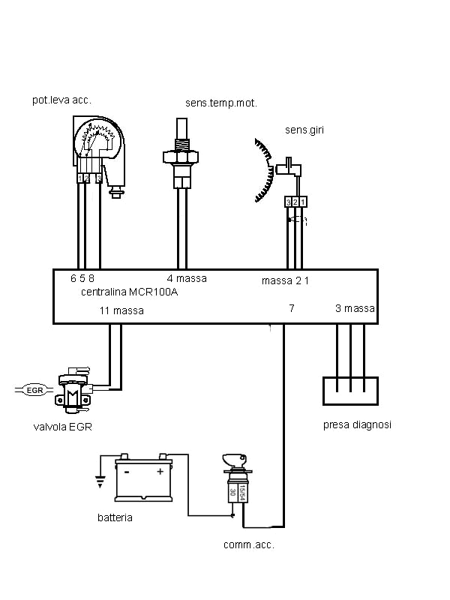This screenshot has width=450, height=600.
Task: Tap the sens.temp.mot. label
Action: (x=221, y=103)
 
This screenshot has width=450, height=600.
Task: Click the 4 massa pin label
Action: (x=186, y=278)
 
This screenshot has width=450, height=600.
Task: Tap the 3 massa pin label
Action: (x=355, y=308)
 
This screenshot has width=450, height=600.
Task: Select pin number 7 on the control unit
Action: (x=291, y=308)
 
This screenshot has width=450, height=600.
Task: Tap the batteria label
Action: (x=115, y=517)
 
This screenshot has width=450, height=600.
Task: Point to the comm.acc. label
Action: (x=249, y=545)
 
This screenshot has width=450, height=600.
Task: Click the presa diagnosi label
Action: (x=357, y=424)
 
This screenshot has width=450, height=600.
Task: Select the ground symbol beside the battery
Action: (x=98, y=480)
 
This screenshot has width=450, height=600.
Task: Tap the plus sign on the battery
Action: (x=160, y=472)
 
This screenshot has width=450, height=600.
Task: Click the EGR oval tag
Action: (x=34, y=390)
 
